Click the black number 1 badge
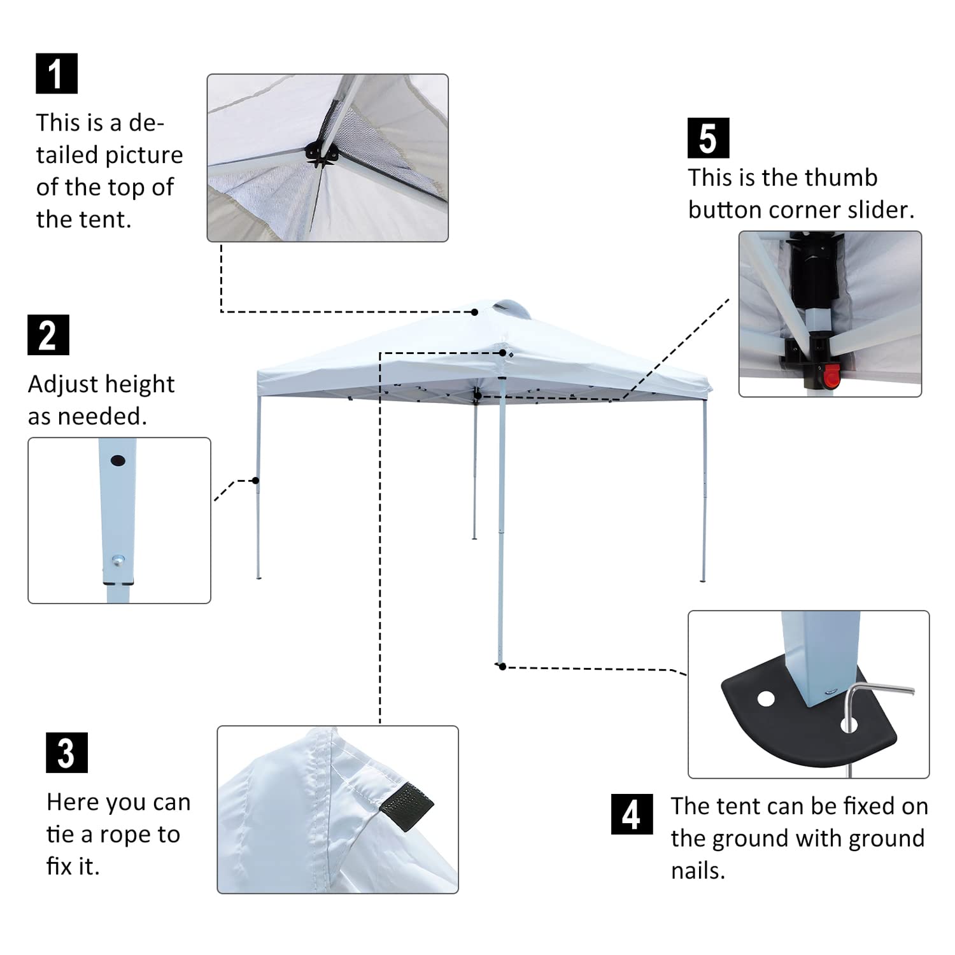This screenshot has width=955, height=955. [57, 73]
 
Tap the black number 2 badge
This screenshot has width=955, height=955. [48, 335]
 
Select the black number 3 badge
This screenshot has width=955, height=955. [67, 753]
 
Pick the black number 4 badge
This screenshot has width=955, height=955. [632, 814]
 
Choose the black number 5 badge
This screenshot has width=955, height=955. [709, 138]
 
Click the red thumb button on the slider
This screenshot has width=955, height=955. [831, 377]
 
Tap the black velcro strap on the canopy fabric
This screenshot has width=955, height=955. [407, 805]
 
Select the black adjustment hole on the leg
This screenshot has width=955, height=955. [118, 460]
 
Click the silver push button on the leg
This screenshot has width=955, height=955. [118, 560]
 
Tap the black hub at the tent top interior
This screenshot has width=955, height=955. [321, 153]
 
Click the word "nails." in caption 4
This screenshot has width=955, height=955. [698, 870]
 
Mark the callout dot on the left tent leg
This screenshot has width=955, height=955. [256, 480]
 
